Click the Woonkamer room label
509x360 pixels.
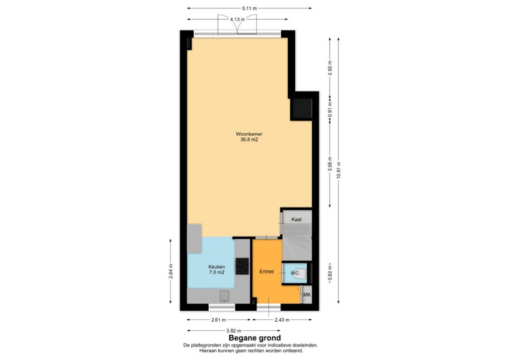click(x=249, y=134)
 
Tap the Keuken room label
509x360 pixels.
click(x=217, y=267)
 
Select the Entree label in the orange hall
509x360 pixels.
click(x=266, y=271)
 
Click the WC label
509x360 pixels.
click(x=294, y=273)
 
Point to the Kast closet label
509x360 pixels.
click(x=296, y=219)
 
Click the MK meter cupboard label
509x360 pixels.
click(x=307, y=295)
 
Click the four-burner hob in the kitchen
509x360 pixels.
click(x=242, y=266)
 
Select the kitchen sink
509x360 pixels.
click(x=224, y=296)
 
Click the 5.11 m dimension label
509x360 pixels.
click(x=250, y=8)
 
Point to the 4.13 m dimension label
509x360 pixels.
click(x=237, y=19)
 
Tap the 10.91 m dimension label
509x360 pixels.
click(x=339, y=170)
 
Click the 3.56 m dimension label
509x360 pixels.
click(x=330, y=164)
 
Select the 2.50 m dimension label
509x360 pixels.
click(x=330, y=68)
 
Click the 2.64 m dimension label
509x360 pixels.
click(x=171, y=271)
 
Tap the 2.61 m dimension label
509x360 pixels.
click(x=219, y=320)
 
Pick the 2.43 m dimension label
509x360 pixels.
click(x=282, y=320)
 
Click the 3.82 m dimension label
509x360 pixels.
click(x=234, y=331)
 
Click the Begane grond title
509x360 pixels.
click(x=254, y=338)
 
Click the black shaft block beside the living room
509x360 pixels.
click(x=302, y=108)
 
